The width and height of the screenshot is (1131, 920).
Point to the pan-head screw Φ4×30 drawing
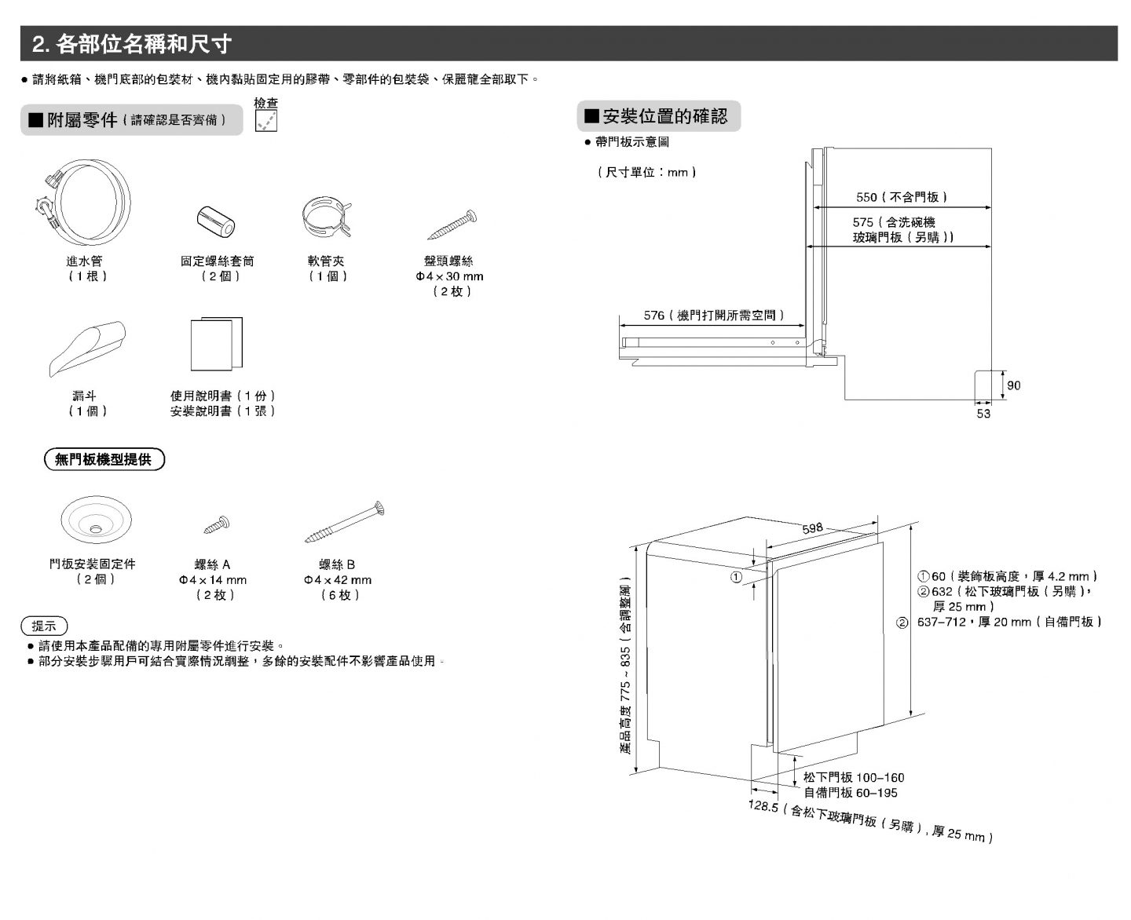click(x=452, y=225)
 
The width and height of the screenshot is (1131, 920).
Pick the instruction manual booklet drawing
click(x=216, y=344)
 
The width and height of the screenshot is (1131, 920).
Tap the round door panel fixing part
click(x=96, y=520)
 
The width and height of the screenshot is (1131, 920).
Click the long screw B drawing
click(x=345, y=523)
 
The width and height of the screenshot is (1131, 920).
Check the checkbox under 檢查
click(x=266, y=121)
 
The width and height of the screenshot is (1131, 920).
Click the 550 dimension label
click(x=866, y=197)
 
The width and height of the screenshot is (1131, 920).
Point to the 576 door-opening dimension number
click(x=653, y=316)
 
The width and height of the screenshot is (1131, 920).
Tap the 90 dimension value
click(x=1014, y=385)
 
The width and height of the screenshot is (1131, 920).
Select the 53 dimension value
click(x=983, y=414)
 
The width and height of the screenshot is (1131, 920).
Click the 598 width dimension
click(x=813, y=528)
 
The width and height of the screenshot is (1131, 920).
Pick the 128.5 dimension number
click(x=763, y=806)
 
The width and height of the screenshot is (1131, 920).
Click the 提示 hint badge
click(x=44, y=626)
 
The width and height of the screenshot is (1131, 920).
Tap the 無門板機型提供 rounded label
click(x=104, y=460)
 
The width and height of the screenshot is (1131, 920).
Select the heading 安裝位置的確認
click(x=664, y=116)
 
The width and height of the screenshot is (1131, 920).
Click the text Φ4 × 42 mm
click(x=338, y=580)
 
